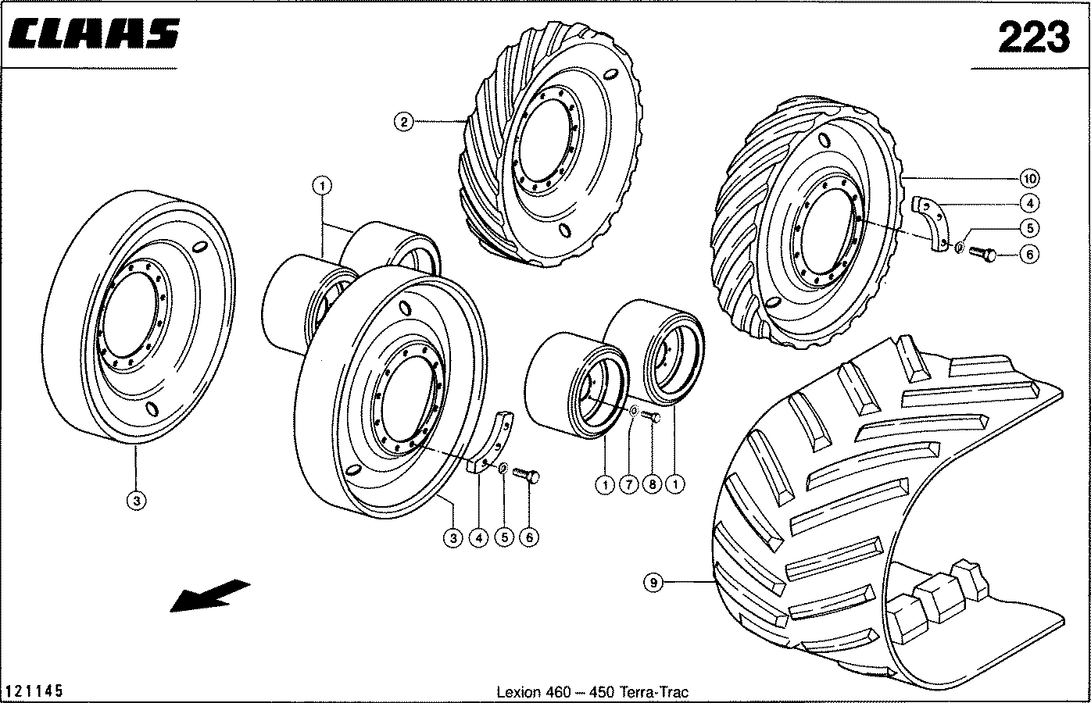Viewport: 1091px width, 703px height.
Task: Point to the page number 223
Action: (x=1032, y=36)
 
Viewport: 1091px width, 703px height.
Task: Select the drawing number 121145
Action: (x=34, y=691)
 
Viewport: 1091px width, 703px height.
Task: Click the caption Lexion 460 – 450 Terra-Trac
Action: (x=592, y=692)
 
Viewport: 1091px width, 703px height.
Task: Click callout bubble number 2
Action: (x=403, y=122)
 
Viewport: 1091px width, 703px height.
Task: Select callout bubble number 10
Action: (x=1030, y=178)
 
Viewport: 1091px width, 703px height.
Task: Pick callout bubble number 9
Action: (x=654, y=581)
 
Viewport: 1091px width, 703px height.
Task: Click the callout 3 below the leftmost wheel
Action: (x=137, y=501)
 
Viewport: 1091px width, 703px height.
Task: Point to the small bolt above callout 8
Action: (x=652, y=418)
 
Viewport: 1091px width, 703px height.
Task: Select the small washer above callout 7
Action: (x=632, y=410)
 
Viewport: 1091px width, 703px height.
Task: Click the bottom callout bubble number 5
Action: (x=503, y=537)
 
